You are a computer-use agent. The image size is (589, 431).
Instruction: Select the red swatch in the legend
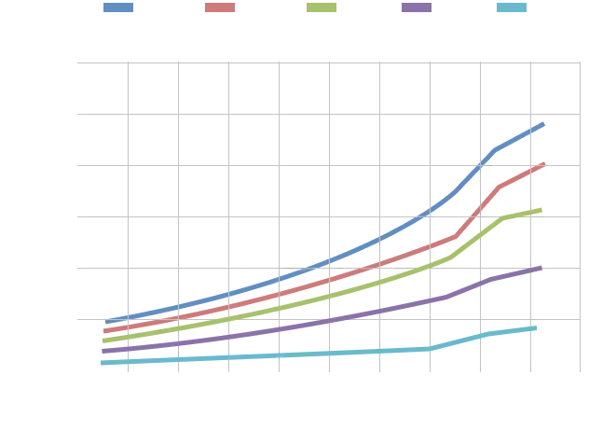pos(220,7)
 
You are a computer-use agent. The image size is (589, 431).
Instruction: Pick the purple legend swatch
pos(425,7)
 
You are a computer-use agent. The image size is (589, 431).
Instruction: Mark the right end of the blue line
pos(544,122)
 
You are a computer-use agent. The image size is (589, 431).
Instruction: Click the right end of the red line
pos(544,164)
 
